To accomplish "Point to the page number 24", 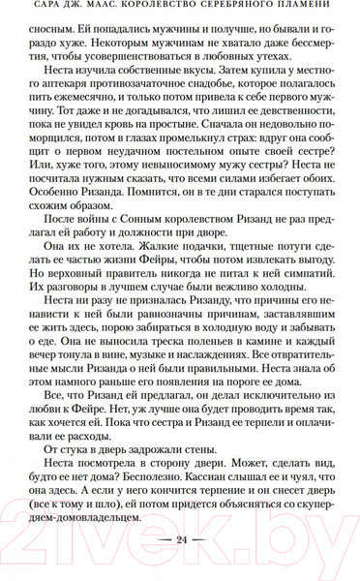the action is (179, 566).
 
